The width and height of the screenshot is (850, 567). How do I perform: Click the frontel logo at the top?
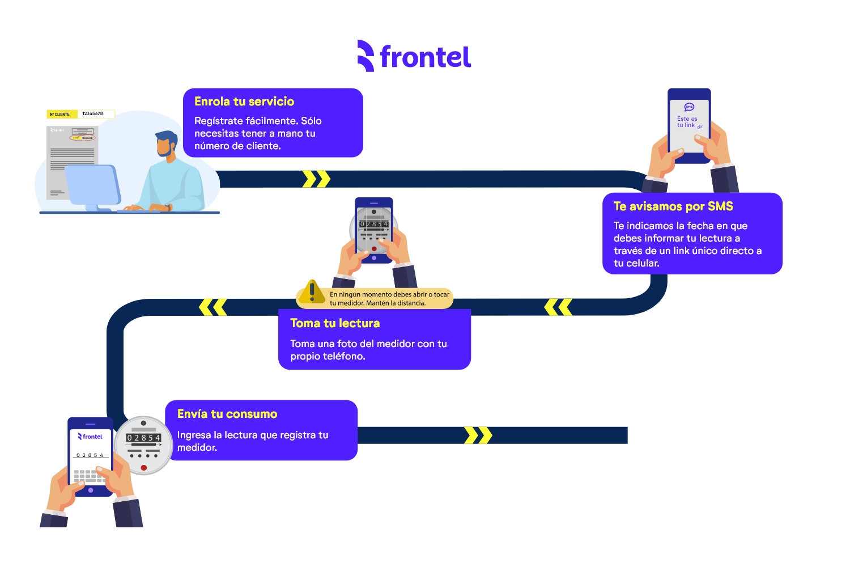(x=414, y=56)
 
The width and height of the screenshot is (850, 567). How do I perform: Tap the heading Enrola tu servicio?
(x=244, y=101)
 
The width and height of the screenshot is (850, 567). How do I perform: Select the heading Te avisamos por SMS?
(x=673, y=206)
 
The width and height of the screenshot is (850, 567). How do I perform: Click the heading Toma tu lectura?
(x=335, y=323)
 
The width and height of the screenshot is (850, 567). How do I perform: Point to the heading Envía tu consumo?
(x=227, y=414)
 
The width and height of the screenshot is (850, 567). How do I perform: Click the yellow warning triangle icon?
(x=312, y=291)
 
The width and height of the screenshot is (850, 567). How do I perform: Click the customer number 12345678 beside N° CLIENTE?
(x=93, y=114)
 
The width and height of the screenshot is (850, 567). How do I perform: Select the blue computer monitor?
(x=92, y=184)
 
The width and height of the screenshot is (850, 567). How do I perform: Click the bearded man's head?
(x=167, y=144)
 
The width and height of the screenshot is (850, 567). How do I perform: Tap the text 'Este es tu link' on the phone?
(x=687, y=122)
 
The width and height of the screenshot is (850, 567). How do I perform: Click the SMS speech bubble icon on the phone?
(x=689, y=107)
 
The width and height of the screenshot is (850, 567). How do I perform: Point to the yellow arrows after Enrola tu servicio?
(x=316, y=179)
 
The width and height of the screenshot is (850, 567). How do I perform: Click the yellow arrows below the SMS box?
(x=558, y=307)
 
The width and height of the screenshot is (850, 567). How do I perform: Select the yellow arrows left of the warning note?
(x=213, y=307)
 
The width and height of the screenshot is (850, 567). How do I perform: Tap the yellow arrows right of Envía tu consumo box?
(x=478, y=435)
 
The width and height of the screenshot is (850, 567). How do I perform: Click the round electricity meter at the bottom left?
(x=144, y=446)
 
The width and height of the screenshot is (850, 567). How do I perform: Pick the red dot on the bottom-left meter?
(x=144, y=468)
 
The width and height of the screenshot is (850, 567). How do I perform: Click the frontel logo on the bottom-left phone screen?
(x=91, y=437)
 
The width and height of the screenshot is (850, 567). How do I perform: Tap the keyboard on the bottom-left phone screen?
(x=90, y=476)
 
